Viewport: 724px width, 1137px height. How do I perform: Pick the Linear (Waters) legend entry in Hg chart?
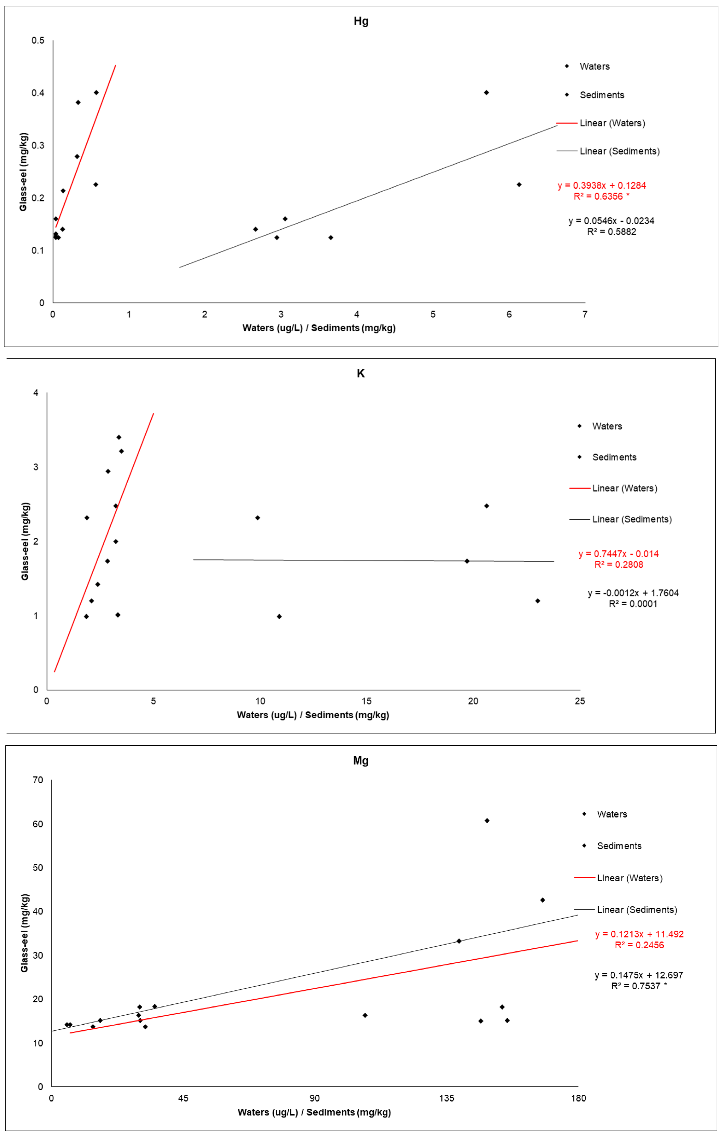(x=612, y=123)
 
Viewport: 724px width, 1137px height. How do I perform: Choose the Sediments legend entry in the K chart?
(x=614, y=457)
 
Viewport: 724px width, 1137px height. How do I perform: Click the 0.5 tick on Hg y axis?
(x=38, y=41)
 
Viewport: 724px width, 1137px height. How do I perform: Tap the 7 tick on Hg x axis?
(x=585, y=314)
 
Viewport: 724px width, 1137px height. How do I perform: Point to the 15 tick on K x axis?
(x=366, y=701)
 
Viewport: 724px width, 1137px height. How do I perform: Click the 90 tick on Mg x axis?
(x=314, y=1098)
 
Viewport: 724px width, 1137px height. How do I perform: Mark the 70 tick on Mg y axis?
(x=38, y=780)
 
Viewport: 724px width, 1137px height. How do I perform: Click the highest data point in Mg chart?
(x=487, y=821)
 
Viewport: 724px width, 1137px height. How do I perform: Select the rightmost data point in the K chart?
(x=537, y=601)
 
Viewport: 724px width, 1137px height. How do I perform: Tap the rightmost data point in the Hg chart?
(x=519, y=185)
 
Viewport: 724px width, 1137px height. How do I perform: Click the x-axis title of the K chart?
(x=313, y=715)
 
